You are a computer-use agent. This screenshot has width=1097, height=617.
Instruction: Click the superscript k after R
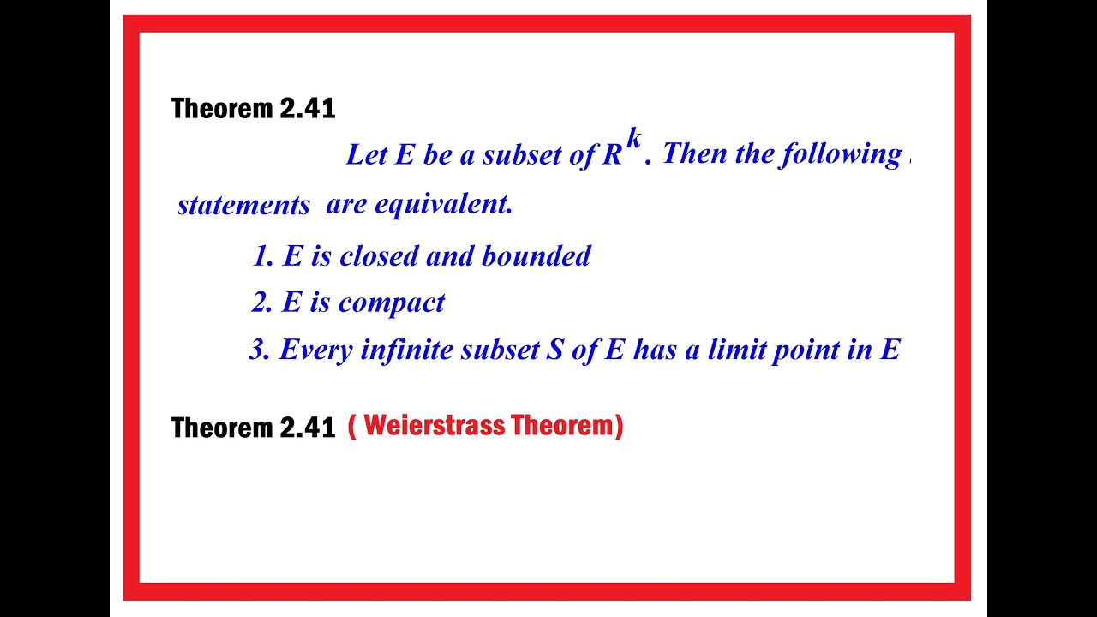[x=633, y=138]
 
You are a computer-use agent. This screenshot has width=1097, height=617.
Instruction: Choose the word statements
[x=243, y=206]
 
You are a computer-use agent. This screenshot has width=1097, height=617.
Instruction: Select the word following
[x=840, y=155]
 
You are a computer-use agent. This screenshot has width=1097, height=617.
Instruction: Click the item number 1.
[x=261, y=256]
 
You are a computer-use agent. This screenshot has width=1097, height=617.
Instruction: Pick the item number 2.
[x=261, y=303]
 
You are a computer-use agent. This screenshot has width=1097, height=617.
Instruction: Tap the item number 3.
[x=258, y=350]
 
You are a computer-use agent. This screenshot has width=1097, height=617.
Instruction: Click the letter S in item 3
[x=554, y=350]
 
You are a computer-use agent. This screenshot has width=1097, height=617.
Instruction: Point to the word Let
[x=367, y=155]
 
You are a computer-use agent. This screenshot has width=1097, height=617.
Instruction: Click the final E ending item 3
[x=890, y=350]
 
